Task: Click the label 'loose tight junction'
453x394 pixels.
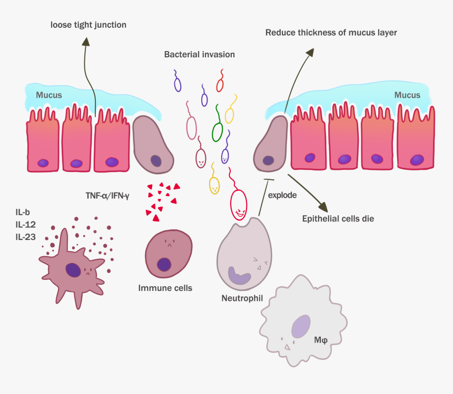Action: click(x=88, y=25)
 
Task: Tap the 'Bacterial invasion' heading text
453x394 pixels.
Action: click(x=199, y=54)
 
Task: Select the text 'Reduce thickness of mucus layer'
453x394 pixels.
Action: click(x=331, y=33)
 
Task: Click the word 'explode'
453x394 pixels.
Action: click(x=282, y=195)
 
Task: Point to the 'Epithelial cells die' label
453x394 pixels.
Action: click(x=338, y=218)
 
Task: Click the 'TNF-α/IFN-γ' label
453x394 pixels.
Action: click(x=107, y=195)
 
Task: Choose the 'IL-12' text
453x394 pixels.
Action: click(x=26, y=225)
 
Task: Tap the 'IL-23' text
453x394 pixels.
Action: click(x=26, y=237)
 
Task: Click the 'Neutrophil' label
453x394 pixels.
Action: click(x=242, y=299)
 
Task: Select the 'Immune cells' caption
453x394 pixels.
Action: click(x=165, y=288)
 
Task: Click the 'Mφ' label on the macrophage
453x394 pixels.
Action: click(x=321, y=340)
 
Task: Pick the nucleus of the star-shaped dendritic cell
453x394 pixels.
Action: click(x=73, y=270)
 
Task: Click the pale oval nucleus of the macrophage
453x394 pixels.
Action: click(x=301, y=326)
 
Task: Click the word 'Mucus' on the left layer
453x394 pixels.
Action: click(x=49, y=95)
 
